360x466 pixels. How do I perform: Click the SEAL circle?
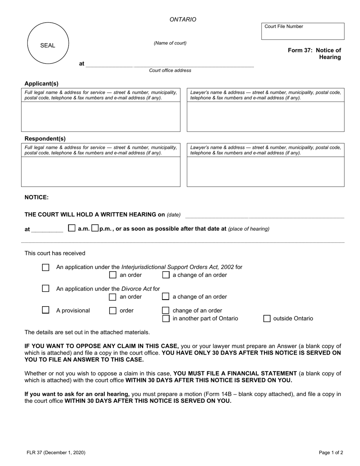coord(48,43)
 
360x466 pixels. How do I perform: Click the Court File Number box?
coord(303,31)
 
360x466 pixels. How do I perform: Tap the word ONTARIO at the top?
coord(183,20)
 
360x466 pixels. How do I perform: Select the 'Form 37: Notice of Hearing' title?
coord(314,54)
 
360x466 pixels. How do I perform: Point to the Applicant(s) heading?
coord(42,84)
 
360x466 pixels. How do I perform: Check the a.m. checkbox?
coord(72,228)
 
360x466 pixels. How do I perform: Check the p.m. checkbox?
coord(95,228)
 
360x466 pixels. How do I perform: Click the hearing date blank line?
coord(265,215)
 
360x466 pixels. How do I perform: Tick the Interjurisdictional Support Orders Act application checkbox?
coord(45,267)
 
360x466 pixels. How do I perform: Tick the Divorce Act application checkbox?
coord(45,289)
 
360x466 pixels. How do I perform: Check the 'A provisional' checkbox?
coord(45,310)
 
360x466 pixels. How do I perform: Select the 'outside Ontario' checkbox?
coord(267,318)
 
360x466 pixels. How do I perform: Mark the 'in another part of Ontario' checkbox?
coord(166,318)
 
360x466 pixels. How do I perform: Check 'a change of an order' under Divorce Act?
coord(166,297)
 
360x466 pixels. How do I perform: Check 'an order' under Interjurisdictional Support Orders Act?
coord(113,275)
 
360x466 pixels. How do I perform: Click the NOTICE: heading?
coord(36,197)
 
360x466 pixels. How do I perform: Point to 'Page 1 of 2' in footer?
coord(331,452)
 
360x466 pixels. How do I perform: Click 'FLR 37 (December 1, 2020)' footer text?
coord(56,452)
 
